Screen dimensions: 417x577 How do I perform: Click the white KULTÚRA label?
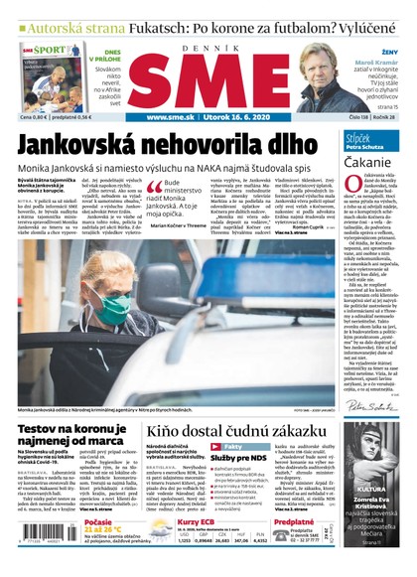click(371, 490)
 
